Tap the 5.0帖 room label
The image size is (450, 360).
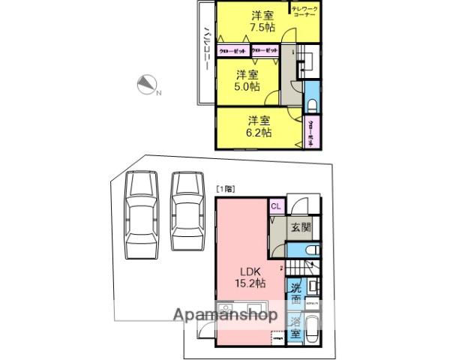tap(247, 79)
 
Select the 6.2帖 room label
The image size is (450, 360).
tap(259, 125)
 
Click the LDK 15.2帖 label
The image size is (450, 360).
tap(248, 278)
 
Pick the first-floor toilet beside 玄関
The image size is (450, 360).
tap(313, 250)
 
